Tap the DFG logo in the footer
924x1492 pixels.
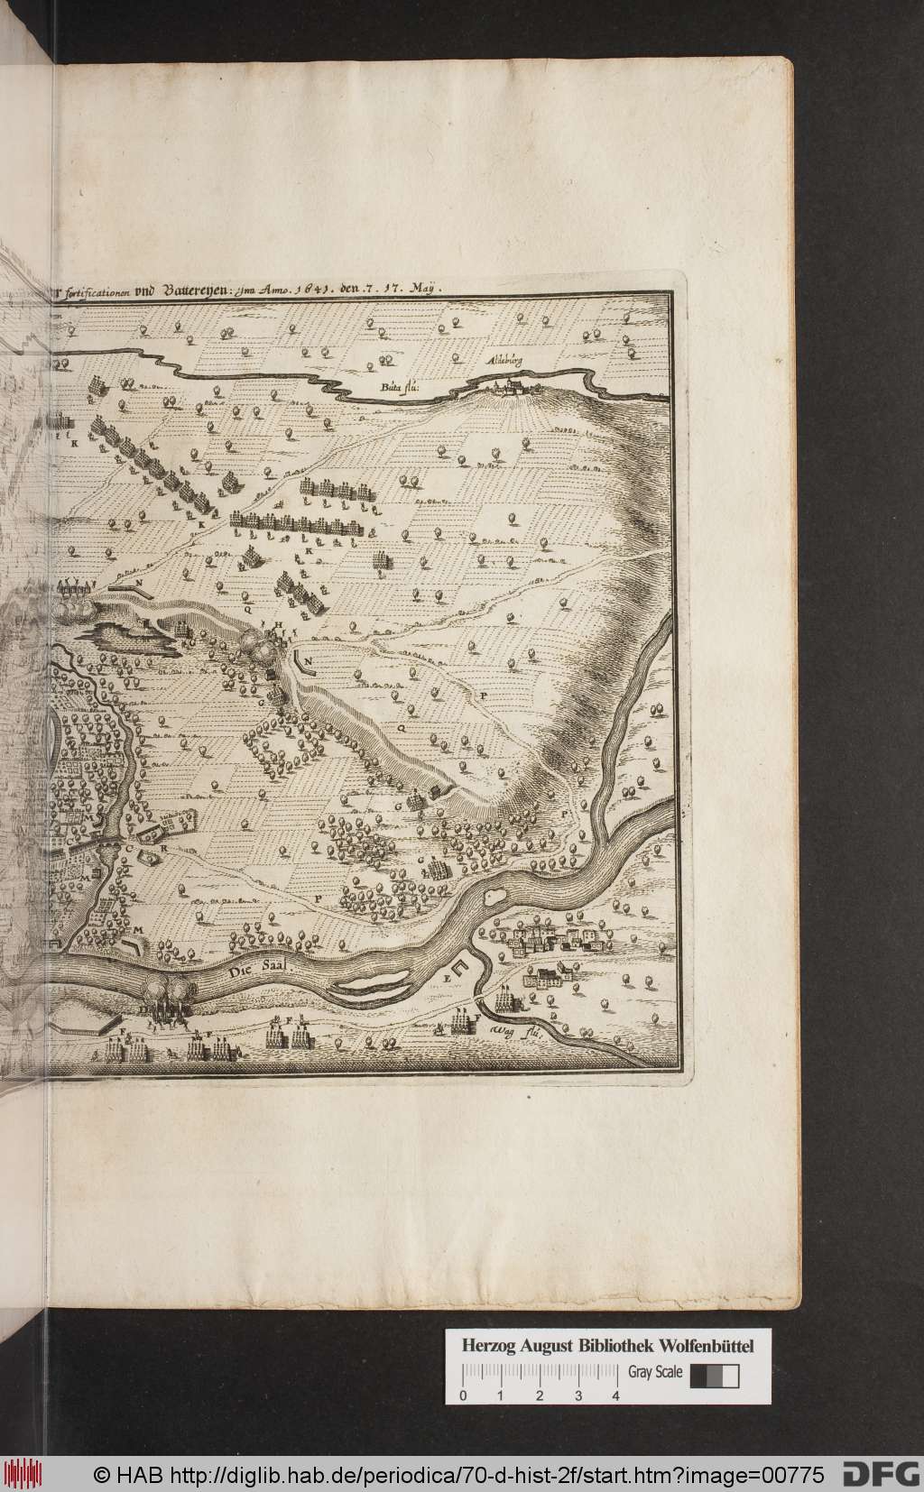[x=881, y=1474]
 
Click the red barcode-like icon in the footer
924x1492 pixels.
[x=26, y=1474]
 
